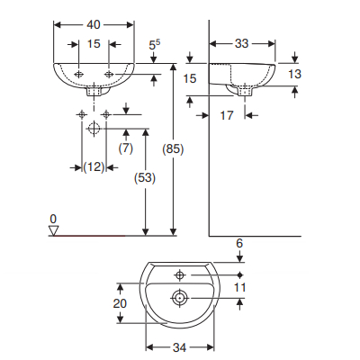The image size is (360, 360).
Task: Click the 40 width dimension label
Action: pyautogui.click(x=94, y=25)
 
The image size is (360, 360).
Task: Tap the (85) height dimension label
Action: pyautogui.click(x=173, y=149)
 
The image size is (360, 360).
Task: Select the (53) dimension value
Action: pyautogui.click(x=145, y=178)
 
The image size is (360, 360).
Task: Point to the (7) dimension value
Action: pyautogui.click(x=126, y=148)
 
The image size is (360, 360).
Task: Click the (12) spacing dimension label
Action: pyautogui.click(x=94, y=167)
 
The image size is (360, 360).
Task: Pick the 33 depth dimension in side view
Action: pyautogui.click(x=242, y=44)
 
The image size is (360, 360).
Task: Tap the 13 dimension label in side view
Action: pyautogui.click(x=294, y=74)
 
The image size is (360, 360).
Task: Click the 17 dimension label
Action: pyautogui.click(x=227, y=115)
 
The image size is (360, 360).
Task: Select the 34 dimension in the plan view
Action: pyautogui.click(x=179, y=347)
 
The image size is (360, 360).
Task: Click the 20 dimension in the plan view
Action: pyautogui.click(x=120, y=303)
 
